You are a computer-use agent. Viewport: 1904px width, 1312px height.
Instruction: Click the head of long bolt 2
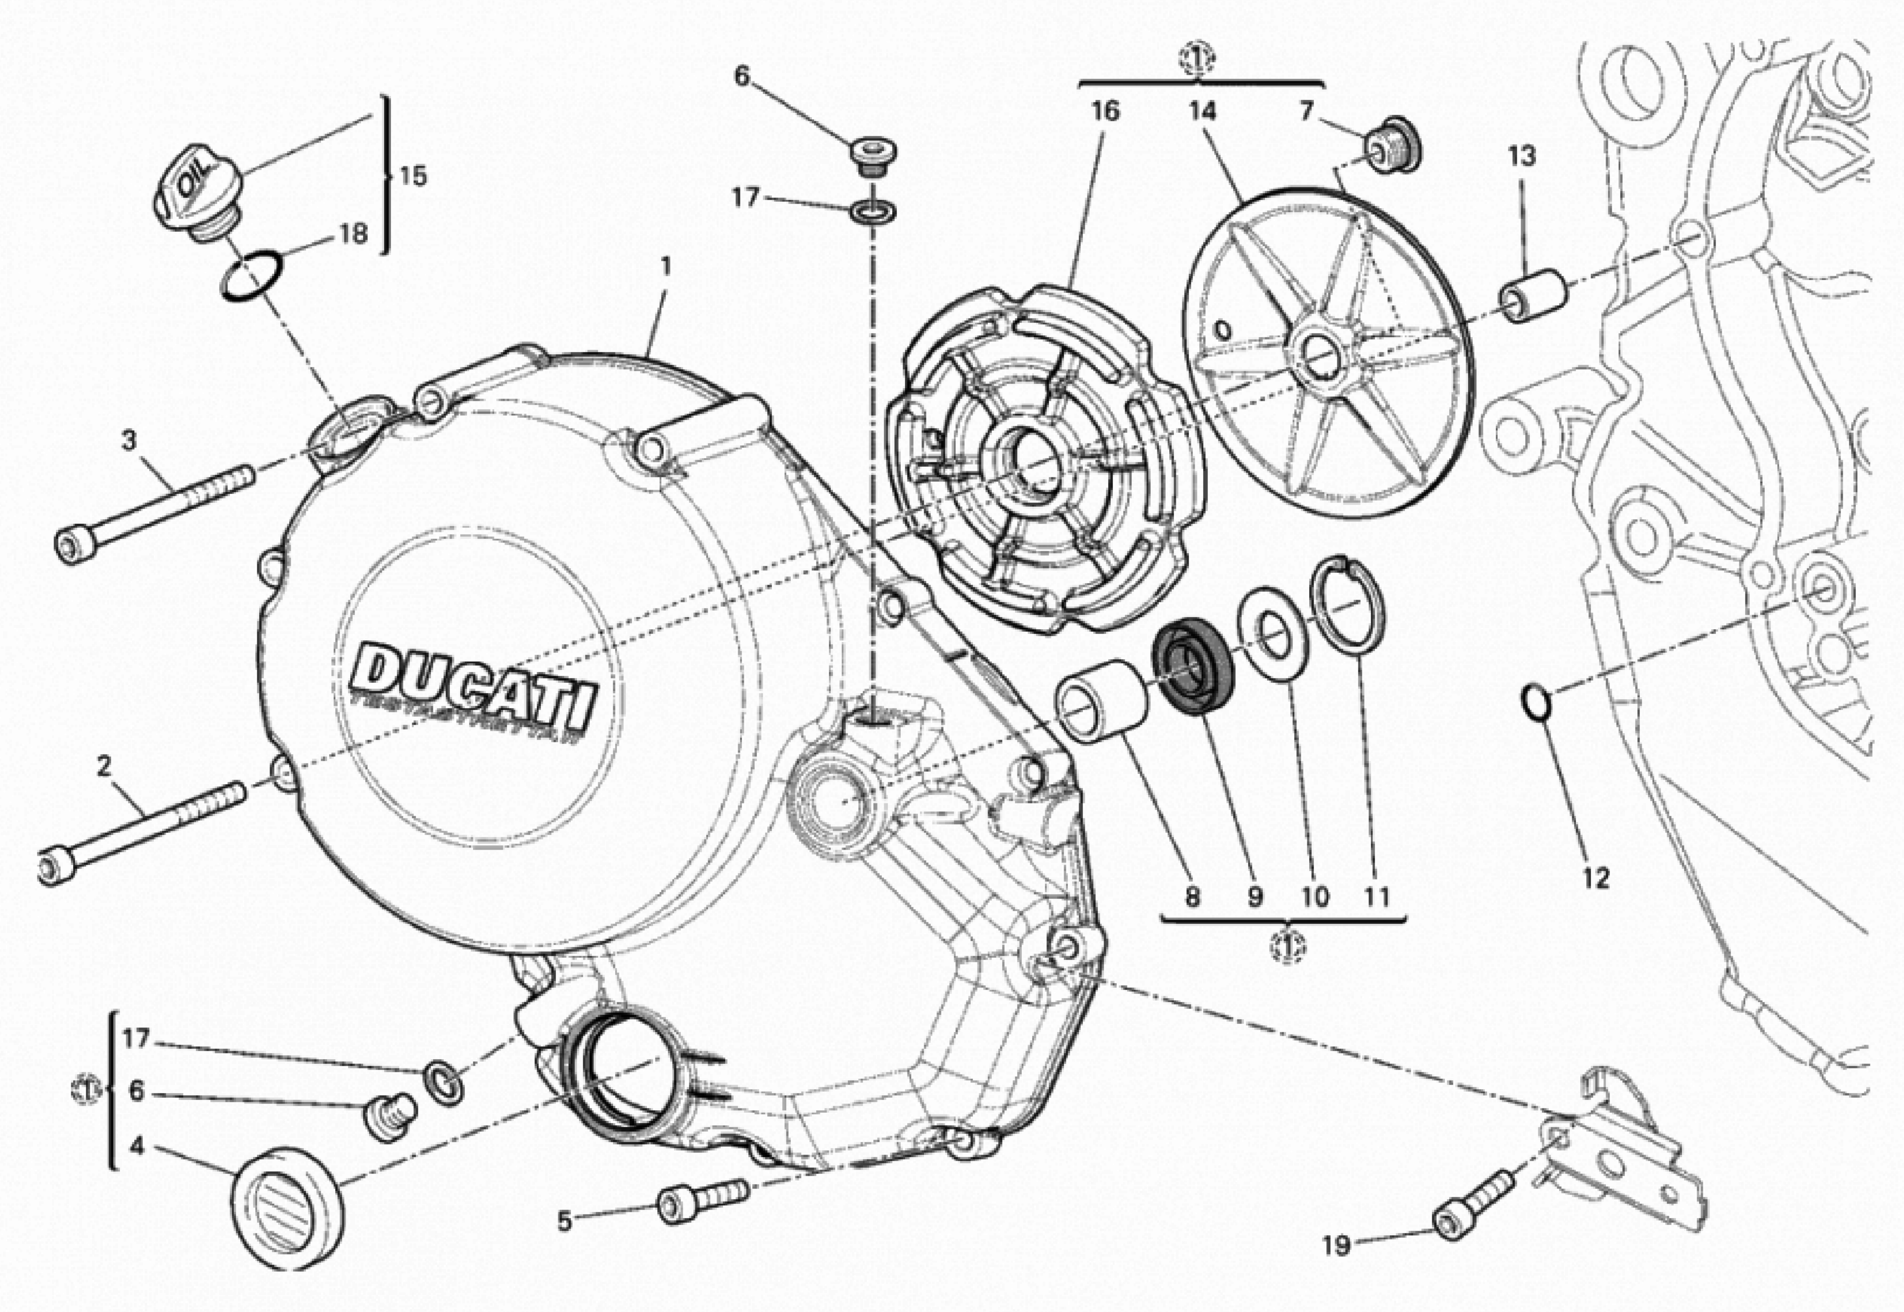[58, 867]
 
